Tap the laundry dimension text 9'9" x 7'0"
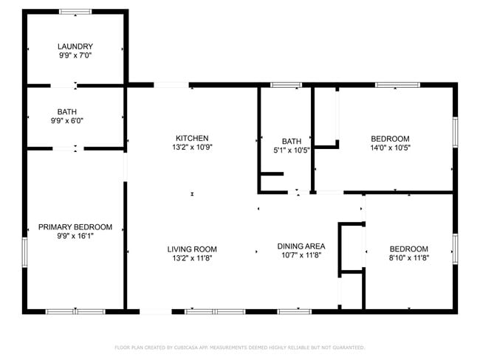point(75,55)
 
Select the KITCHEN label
point(192,138)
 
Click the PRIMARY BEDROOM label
point(75,226)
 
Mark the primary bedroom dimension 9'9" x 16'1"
point(75,236)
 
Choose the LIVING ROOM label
point(192,249)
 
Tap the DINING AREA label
point(301,246)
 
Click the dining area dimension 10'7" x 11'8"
point(301,255)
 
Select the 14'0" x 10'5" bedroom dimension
point(390,148)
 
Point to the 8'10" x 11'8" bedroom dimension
point(408,258)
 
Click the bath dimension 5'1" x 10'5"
point(292,150)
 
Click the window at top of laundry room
point(75,12)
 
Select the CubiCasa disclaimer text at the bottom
point(239,347)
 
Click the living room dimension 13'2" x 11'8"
point(192,258)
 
